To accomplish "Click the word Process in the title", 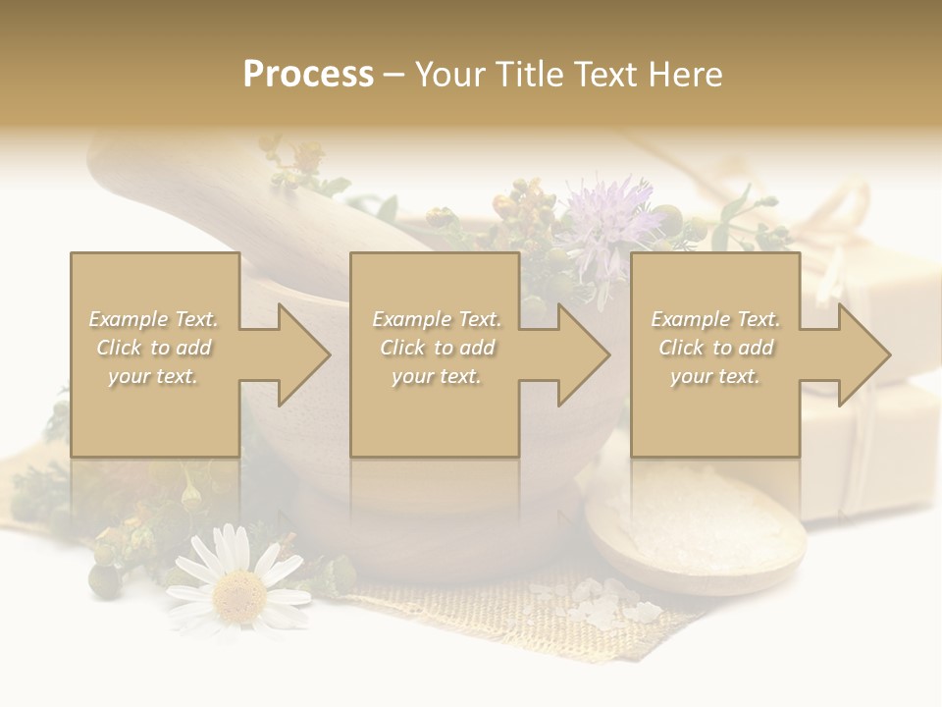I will [x=308, y=75].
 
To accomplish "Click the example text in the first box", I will [x=154, y=348].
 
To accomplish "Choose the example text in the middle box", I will [x=437, y=348].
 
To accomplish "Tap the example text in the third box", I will [x=715, y=348].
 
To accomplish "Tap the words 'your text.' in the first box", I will [x=153, y=375].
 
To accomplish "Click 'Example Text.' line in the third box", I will [x=715, y=319].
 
